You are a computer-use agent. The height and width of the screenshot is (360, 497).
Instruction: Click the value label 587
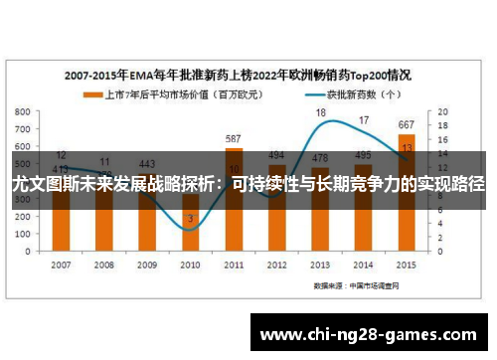click(x=234, y=139)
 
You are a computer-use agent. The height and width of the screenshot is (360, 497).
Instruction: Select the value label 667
click(x=406, y=125)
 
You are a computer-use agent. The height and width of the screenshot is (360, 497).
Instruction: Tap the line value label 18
click(x=321, y=113)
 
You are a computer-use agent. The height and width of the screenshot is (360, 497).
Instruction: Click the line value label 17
click(x=364, y=120)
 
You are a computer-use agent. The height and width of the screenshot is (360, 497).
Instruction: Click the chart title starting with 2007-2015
click(x=239, y=75)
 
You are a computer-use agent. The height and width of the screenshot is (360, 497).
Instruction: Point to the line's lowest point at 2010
click(x=190, y=230)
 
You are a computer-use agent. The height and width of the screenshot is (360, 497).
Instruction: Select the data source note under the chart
click(x=354, y=284)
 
